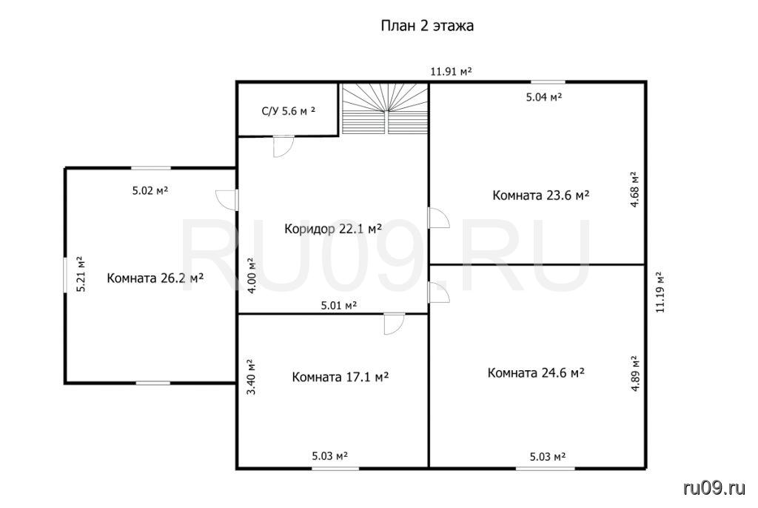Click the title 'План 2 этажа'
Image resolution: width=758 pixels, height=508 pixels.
[x=427, y=25]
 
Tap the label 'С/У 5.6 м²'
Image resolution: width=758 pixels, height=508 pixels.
[x=289, y=111]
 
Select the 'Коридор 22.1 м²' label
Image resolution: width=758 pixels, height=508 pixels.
[x=333, y=228]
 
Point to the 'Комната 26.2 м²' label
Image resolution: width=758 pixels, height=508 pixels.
[x=155, y=278]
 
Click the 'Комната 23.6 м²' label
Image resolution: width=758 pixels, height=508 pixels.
[x=541, y=195]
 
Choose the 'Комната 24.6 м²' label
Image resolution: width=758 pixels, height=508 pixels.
[x=536, y=373]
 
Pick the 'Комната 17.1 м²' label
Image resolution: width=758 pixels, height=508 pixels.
[x=341, y=376]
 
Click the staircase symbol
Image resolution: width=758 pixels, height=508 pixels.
[x=385, y=108]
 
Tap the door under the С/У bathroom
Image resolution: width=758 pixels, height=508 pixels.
[x=284, y=146]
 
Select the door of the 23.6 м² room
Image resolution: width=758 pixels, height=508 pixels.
[x=439, y=218]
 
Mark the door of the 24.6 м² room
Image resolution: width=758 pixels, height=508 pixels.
[x=439, y=293]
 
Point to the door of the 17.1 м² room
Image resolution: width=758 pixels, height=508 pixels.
[x=395, y=324]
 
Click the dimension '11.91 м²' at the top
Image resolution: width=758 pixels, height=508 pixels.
[x=451, y=72]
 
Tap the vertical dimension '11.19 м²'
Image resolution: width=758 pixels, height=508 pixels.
[x=660, y=293]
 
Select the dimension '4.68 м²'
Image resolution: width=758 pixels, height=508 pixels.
[x=634, y=189]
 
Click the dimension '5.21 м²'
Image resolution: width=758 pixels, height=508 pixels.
[x=81, y=273]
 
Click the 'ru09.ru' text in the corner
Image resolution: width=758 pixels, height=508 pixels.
[x=714, y=488]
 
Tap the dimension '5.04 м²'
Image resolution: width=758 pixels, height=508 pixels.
[x=544, y=97]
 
